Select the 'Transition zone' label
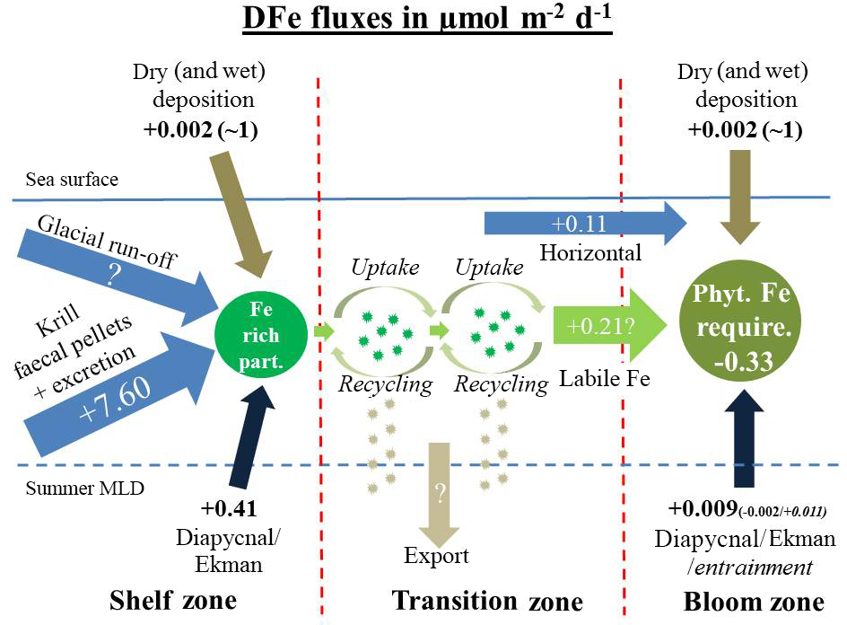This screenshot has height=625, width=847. pyautogui.click(x=487, y=599)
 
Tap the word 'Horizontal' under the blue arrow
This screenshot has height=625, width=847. pyautogui.click(x=589, y=253)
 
